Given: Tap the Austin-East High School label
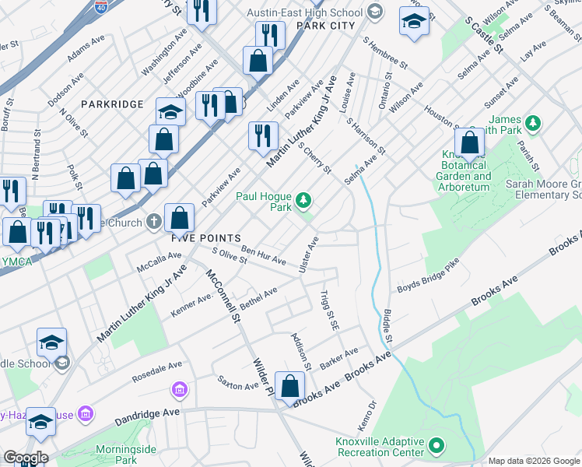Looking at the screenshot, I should [x=304, y=12].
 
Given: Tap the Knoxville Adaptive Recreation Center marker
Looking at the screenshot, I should [x=436, y=446].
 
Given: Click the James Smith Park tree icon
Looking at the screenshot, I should [x=533, y=123].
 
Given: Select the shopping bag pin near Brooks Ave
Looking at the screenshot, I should [x=289, y=387].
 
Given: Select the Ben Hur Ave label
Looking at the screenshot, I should [x=264, y=255].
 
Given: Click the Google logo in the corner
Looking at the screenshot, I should [x=25, y=458].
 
